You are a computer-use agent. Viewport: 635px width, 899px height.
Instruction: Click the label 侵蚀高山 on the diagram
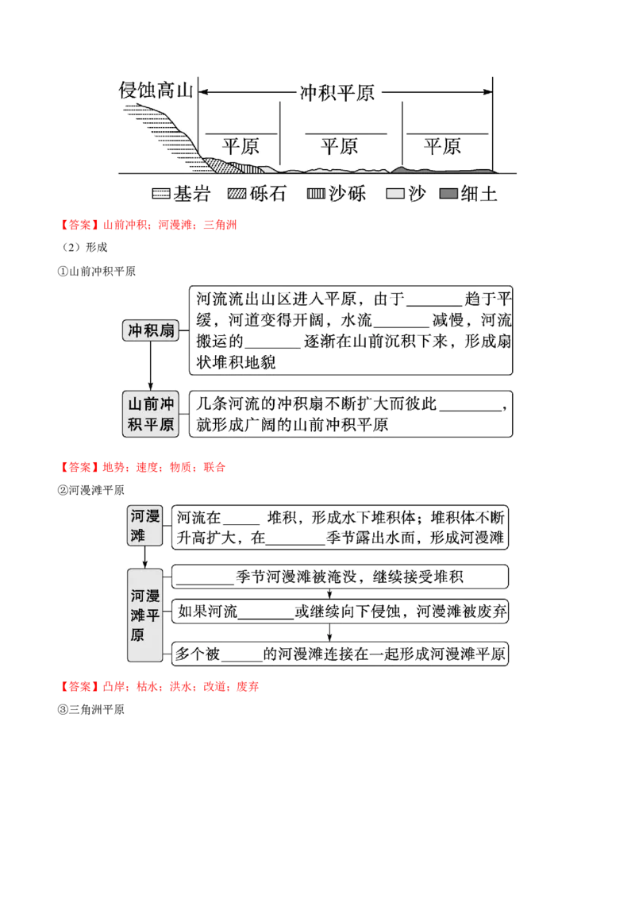(156, 91)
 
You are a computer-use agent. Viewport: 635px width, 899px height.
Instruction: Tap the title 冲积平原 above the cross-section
(337, 92)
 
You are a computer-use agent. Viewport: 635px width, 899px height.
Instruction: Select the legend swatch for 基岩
(161, 194)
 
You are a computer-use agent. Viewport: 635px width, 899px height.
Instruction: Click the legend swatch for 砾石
(237, 194)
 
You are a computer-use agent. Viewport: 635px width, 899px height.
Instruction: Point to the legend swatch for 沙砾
(316, 194)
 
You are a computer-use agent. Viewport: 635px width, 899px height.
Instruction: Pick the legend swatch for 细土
(448, 194)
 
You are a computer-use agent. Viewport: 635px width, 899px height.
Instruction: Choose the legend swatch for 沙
(395, 194)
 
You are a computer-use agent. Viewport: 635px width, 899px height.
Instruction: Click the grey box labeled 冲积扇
(151, 330)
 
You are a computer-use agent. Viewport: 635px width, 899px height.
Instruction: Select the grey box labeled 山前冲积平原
(151, 414)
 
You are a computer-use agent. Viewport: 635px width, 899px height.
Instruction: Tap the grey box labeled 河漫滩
(145, 526)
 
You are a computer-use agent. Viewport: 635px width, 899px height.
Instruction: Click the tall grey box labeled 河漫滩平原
(145, 615)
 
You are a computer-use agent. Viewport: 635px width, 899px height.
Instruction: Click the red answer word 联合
(214, 467)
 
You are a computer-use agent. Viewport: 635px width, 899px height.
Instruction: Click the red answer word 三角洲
(220, 225)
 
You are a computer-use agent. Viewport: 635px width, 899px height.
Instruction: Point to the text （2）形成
(83, 247)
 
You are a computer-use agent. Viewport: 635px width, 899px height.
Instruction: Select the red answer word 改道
(214, 687)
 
